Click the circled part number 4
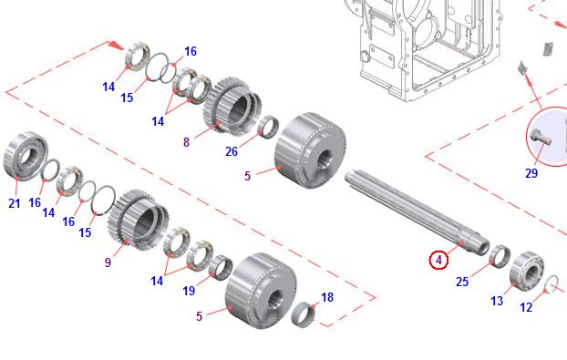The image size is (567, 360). (x=438, y=260)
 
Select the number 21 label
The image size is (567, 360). (x=14, y=203)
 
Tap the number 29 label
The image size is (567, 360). (x=531, y=173)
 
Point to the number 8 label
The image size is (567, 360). (x=186, y=142)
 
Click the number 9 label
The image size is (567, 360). (x=108, y=262)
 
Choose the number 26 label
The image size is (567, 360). (x=232, y=151)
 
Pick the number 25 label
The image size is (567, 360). (x=462, y=282)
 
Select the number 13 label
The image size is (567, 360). (x=497, y=301)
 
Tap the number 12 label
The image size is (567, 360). (x=526, y=307)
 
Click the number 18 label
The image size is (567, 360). (x=327, y=297)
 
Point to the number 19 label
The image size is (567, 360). (x=189, y=291)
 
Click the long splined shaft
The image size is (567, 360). (x=417, y=212)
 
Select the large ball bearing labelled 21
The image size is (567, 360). (x=26, y=156)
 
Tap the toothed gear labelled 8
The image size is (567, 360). (x=232, y=107)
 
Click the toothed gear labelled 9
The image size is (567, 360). (x=139, y=221)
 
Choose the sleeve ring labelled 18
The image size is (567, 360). (x=304, y=314)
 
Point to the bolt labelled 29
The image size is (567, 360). (x=540, y=138)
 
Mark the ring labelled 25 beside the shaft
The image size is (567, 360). (x=500, y=256)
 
